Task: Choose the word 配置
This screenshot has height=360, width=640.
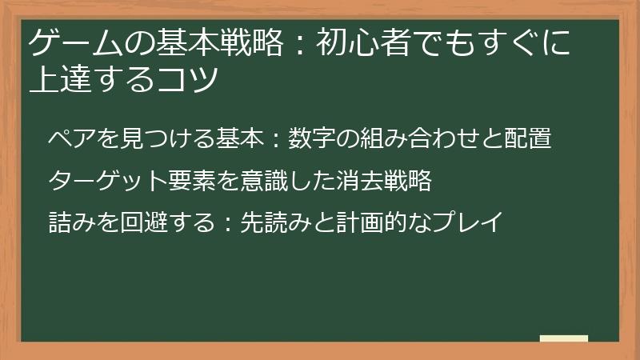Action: pos(528,138)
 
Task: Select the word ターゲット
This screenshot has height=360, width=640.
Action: pos(106,180)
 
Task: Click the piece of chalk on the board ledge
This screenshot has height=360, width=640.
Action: pos(564,339)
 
